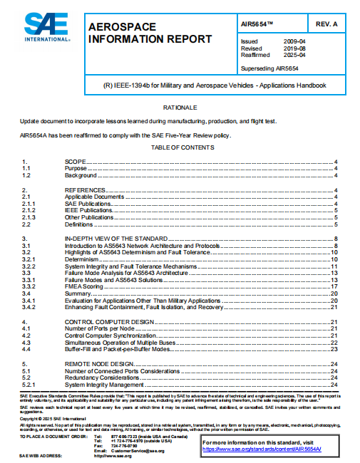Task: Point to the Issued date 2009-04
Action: point(295,41)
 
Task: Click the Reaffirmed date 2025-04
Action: point(295,55)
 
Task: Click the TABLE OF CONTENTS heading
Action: point(180,147)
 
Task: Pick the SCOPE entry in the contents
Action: point(75,162)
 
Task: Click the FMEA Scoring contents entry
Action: point(86,286)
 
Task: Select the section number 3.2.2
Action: point(29,266)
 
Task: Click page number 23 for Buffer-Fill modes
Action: point(333,349)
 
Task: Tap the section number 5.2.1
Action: point(29,384)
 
